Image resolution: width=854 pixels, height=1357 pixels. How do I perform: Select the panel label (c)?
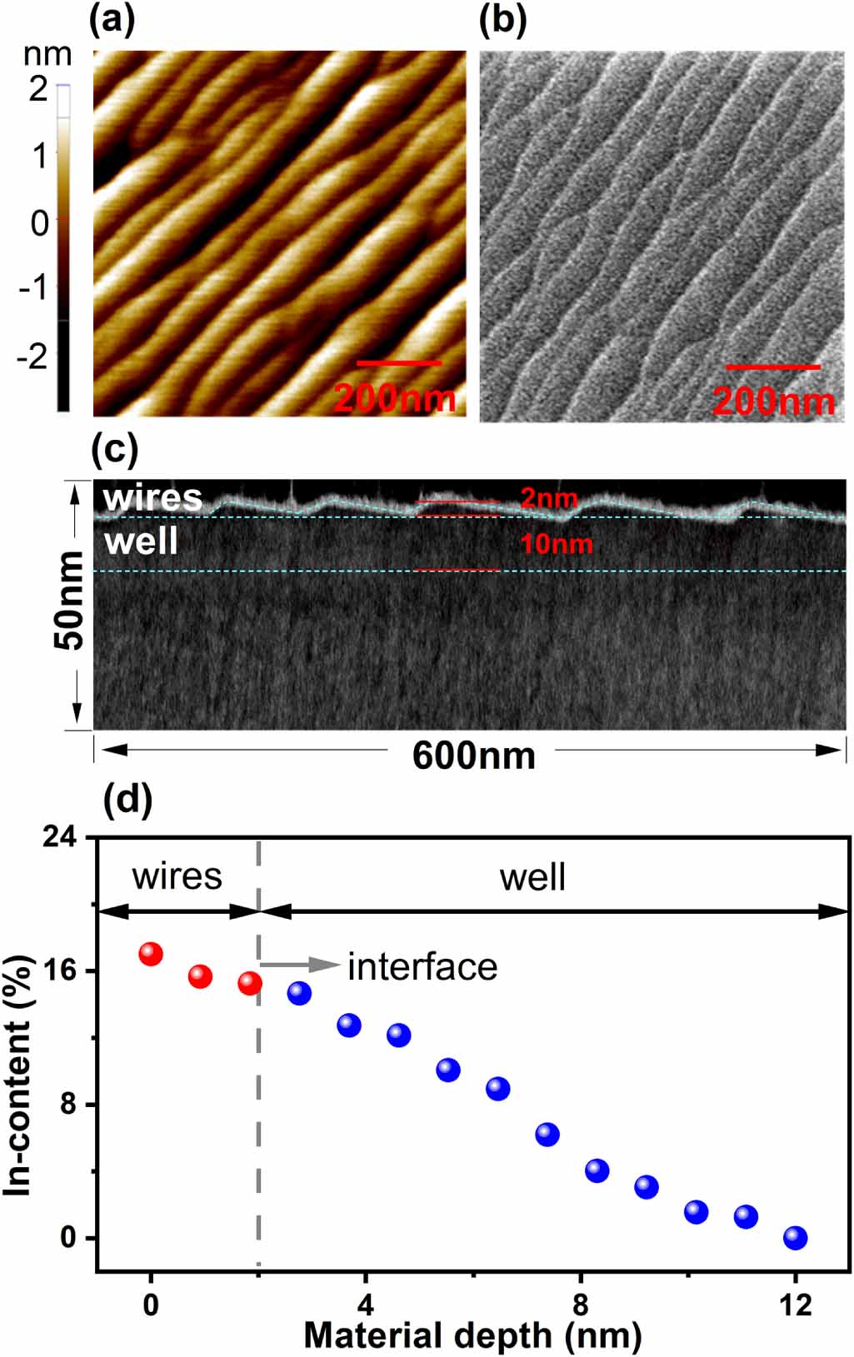(113, 449)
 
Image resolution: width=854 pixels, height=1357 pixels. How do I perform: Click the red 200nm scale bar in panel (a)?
(398, 363)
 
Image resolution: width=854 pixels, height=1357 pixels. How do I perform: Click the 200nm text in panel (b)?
(773, 402)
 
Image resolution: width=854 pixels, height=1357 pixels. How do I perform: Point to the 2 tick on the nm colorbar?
(38, 87)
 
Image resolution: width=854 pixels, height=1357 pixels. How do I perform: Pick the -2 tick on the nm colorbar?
(32, 356)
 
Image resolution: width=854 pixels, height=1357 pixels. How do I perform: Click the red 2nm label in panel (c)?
(548, 498)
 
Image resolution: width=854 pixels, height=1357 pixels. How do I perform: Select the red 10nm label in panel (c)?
(556, 545)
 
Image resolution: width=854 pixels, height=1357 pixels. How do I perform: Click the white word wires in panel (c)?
(152, 498)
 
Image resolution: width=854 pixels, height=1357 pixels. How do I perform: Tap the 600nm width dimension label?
(473, 756)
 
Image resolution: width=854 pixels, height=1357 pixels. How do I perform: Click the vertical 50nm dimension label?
(70, 600)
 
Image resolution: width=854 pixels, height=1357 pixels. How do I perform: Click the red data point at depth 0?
(151, 954)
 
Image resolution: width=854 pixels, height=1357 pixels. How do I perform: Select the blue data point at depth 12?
(795, 1238)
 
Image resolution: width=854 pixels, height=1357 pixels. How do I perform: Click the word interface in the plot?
(422, 967)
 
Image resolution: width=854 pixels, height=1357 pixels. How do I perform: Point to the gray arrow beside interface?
(300, 965)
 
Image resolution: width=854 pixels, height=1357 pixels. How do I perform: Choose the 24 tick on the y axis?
(59, 836)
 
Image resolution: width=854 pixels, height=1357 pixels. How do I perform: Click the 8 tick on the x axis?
(581, 1305)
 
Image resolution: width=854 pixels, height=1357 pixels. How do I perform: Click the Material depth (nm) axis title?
(472, 1335)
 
